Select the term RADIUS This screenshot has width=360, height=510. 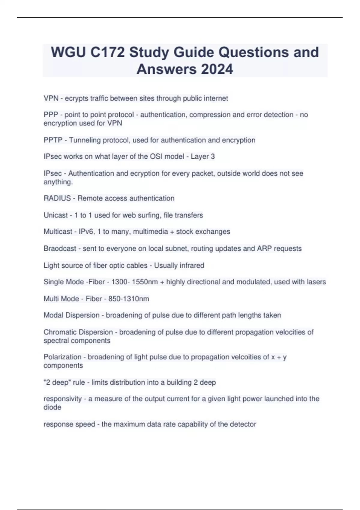coord(57,198)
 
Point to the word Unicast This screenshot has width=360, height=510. coord(55,215)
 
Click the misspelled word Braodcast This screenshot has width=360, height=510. coord(60,248)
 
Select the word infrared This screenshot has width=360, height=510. coord(191,265)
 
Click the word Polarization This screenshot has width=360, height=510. coord(62,357)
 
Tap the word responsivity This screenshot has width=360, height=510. coord(62,399)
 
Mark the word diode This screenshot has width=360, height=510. coord(52,407)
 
